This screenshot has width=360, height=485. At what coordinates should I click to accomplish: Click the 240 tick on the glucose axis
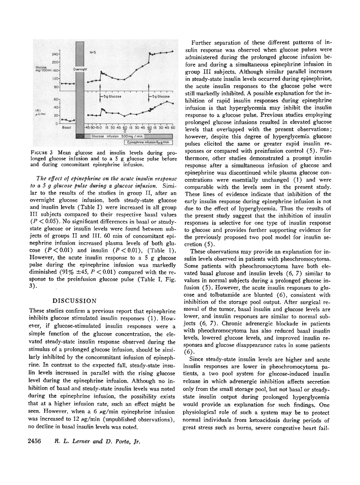click(x=55, y=55)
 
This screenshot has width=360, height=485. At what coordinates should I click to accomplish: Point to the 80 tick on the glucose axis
click(x=55, y=87)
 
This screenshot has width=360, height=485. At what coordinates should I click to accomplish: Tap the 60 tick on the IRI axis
click(x=55, y=99)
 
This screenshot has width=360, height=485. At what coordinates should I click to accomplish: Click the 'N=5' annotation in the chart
click(x=92, y=52)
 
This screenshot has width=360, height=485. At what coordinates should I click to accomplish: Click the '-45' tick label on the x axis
click(x=87, y=127)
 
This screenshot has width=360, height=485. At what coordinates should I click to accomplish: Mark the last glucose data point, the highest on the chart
click(x=172, y=51)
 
